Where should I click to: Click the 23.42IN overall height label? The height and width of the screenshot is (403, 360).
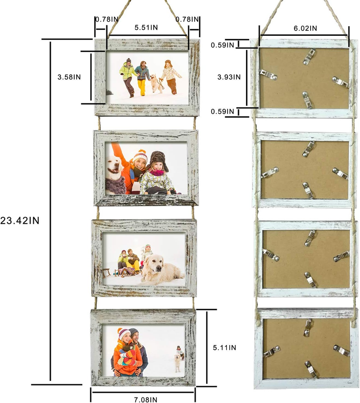tap(20, 221)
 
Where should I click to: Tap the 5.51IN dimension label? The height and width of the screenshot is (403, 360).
tap(146, 28)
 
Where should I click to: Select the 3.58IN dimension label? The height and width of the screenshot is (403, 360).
tap(69, 77)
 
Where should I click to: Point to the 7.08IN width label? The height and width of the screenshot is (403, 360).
tap(146, 399)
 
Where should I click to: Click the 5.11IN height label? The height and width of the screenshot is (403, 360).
tap(224, 348)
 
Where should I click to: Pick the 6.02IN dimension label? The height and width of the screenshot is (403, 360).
tap(306, 28)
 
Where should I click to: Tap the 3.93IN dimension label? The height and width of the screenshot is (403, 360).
tap(229, 77)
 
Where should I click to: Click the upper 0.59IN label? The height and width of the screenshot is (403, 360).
tap(222, 45)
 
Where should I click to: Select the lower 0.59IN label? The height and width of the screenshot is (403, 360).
tap(222, 111)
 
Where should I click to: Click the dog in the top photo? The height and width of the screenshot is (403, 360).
tap(157, 83)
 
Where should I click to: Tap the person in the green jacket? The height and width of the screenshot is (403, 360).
tap(128, 78)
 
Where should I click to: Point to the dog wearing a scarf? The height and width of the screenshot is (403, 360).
tap(115, 175)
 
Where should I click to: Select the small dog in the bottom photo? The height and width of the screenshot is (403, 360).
tap(177, 363)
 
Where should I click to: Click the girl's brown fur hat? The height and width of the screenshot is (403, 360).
tap(158, 159)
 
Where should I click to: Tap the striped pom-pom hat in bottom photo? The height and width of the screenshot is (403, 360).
tap(123, 334)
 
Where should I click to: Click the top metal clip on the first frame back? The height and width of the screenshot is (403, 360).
tap(309, 56)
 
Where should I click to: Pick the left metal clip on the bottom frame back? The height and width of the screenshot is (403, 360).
tap(271, 351)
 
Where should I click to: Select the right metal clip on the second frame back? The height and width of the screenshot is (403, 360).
tap(340, 173)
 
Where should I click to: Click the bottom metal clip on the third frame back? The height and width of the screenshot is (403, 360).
tap(310, 280)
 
